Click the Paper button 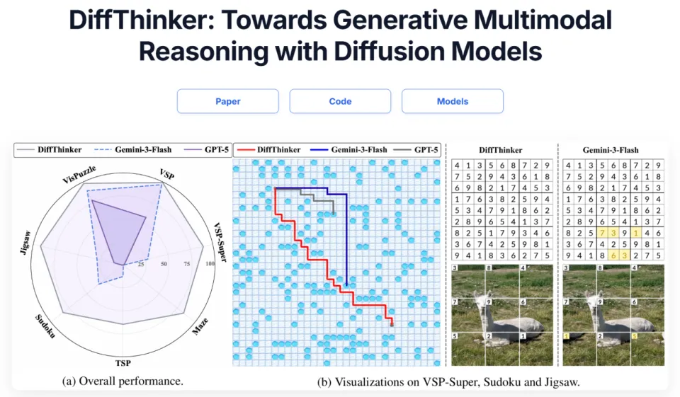pyautogui.click(x=227, y=101)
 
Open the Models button pyautogui.click(x=453, y=101)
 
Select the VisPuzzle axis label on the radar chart pyautogui.click(x=79, y=174)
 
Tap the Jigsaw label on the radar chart pyautogui.click(x=26, y=243)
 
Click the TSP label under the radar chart pyautogui.click(x=123, y=363)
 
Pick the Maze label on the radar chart pyautogui.click(x=200, y=326)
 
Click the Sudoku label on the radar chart pyautogui.click(x=45, y=326)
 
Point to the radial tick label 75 pyautogui.click(x=187, y=263)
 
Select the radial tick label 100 pyautogui.click(x=210, y=263)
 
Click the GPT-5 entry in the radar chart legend pyautogui.click(x=206, y=150)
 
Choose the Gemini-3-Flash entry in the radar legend pyautogui.click(x=132, y=150)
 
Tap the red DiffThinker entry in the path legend pyautogui.click(x=268, y=150)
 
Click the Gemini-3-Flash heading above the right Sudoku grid pyautogui.click(x=611, y=150)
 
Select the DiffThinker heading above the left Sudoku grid pyautogui.click(x=501, y=150)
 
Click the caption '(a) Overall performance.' pyautogui.click(x=123, y=381)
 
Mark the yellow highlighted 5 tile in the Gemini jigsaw pyautogui.click(x=635, y=336)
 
